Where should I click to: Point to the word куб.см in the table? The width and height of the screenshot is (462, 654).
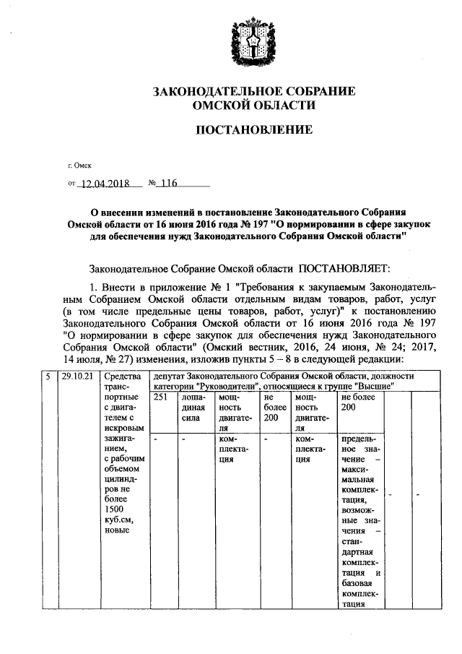(x=117, y=520)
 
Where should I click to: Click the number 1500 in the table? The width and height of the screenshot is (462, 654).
(x=114, y=509)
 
